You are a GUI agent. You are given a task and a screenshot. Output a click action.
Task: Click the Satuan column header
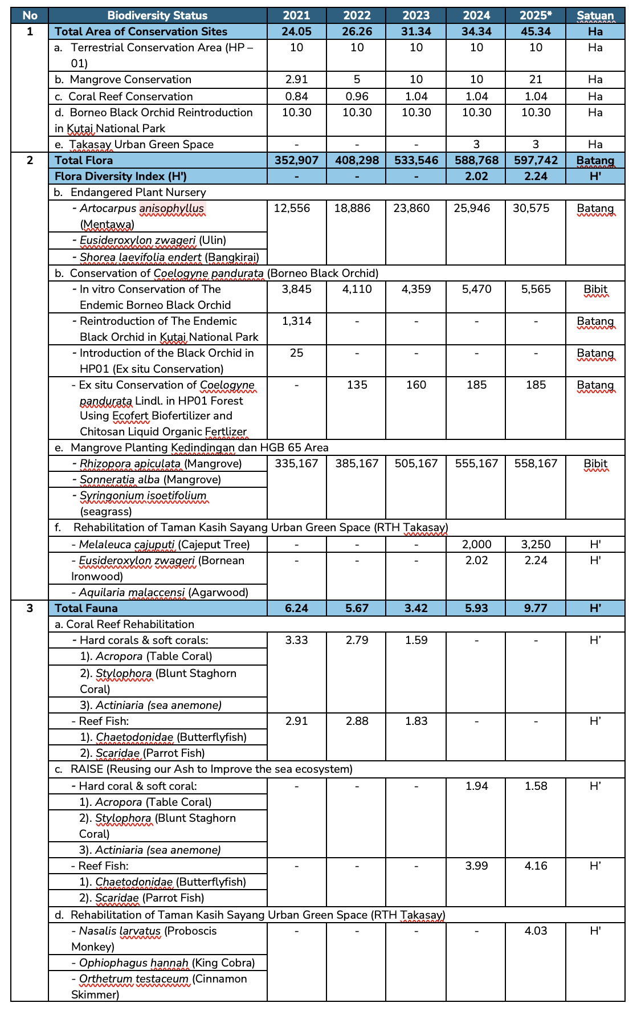point(595,15)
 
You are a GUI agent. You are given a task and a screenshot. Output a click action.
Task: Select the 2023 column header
point(416,15)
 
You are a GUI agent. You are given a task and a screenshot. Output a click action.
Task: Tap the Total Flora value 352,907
point(297,160)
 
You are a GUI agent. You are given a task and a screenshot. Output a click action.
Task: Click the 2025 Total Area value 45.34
point(536,31)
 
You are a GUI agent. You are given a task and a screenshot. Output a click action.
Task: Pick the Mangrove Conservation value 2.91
point(297,79)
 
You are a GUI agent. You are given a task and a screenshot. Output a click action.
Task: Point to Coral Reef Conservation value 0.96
point(357,96)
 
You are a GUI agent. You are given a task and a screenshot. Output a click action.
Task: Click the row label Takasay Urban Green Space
point(141,144)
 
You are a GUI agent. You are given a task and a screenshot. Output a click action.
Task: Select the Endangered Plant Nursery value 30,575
point(536,209)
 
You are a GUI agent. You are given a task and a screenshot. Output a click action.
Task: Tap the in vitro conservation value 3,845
point(297,290)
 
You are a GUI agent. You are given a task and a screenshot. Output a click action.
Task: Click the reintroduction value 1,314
point(297,321)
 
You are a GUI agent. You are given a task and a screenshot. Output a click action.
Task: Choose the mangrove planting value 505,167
point(416,464)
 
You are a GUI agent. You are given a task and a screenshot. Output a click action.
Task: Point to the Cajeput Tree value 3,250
point(536,545)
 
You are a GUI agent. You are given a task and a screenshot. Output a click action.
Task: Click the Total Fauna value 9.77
point(536,608)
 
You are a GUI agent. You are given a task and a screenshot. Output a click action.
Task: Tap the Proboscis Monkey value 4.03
point(536,931)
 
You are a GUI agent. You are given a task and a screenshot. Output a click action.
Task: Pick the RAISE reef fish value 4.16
point(536,866)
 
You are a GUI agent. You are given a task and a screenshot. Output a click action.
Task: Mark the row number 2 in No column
point(30,160)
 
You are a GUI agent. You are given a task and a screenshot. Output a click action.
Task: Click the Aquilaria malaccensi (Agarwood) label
point(164,592)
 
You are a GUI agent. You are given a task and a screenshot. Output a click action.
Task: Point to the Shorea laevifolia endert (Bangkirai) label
point(169,257)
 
